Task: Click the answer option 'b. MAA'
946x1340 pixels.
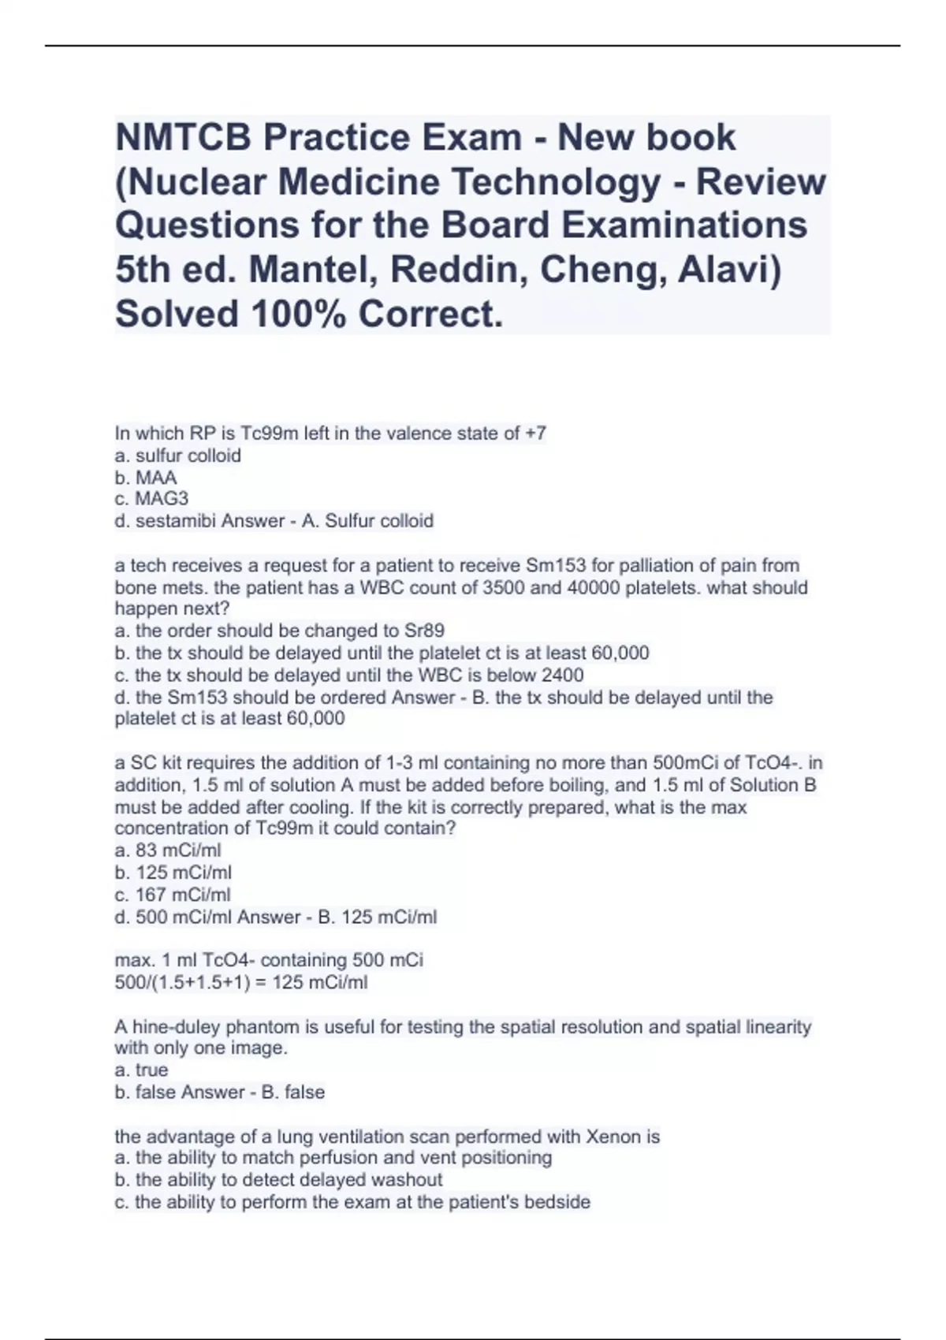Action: click(146, 478)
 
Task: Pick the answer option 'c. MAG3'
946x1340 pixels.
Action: click(151, 499)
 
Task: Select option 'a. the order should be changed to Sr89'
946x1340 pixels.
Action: click(279, 631)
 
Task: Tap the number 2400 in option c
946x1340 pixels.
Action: click(562, 676)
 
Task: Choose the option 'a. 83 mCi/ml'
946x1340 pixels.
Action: click(168, 851)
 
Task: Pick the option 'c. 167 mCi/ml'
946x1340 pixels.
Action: click(173, 895)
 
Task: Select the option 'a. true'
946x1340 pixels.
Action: click(142, 1070)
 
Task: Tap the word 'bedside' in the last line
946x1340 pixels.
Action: click(559, 1202)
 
